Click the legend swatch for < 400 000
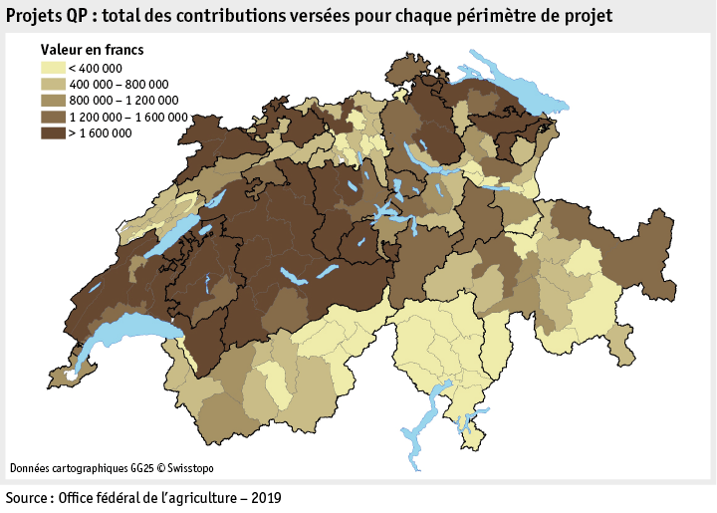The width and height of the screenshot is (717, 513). pyautogui.click(x=52, y=68)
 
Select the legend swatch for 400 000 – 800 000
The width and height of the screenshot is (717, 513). pyautogui.click(x=52, y=84)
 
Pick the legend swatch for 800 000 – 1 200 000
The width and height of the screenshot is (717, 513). pyautogui.click(x=52, y=100)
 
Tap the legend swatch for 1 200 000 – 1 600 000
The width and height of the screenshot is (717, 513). pyautogui.click(x=52, y=116)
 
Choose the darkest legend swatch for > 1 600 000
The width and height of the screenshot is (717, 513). pyautogui.click(x=52, y=131)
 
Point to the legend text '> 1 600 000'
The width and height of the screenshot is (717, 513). pyautogui.click(x=101, y=132)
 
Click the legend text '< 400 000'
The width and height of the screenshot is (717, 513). pyautogui.click(x=96, y=69)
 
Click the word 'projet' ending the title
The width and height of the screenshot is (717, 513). pyautogui.click(x=588, y=15)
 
